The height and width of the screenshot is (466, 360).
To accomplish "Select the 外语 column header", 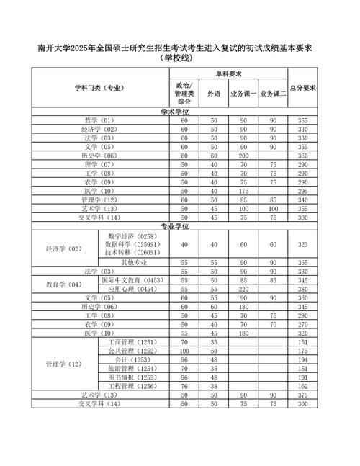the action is [x=214, y=94].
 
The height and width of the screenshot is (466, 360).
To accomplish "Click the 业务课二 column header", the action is [x=274, y=94].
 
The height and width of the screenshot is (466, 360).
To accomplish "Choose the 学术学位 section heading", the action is [x=179, y=112].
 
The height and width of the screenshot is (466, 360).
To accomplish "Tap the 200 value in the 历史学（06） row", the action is [x=243, y=156].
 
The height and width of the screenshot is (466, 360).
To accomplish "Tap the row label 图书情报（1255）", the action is [x=131, y=377].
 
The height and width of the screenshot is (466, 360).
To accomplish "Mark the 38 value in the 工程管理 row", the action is [x=214, y=386].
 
